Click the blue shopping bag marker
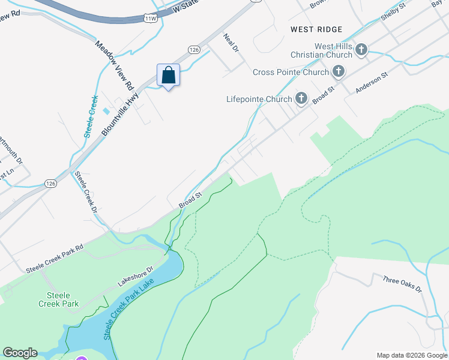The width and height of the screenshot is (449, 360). pos(168,76)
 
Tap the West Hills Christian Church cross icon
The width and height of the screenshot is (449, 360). pos(361,49)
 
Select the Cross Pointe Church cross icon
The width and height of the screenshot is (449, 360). pos(339,72)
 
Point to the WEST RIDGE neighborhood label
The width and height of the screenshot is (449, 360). pos(316,29)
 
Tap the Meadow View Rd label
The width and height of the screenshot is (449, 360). pos(114,65)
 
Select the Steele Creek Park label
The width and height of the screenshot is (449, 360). pos(63,299)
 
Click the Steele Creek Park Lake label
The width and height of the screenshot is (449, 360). pos(128,309)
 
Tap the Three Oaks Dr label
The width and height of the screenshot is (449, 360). pos(402,284)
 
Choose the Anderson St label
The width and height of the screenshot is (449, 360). pos(372,83)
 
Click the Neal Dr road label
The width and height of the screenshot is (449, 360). pos(231,43)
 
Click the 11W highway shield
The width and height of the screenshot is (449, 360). pos(151,19)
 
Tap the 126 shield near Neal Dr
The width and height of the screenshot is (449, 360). pos(193,50)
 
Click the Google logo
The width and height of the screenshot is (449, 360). pos(20,353)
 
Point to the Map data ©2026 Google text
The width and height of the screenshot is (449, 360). pos(411,355)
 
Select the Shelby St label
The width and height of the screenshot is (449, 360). pos(394,14)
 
